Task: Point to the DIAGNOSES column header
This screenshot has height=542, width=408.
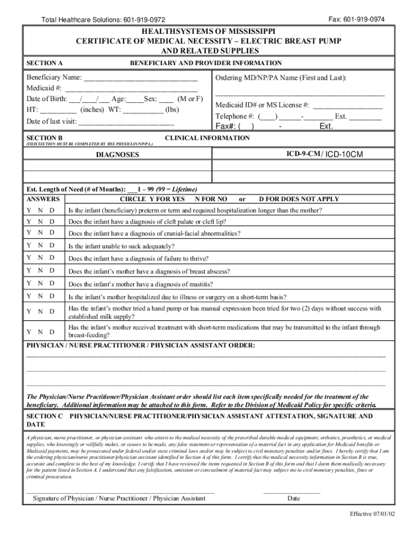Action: [117, 155]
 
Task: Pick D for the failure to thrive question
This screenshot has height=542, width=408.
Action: [52, 258]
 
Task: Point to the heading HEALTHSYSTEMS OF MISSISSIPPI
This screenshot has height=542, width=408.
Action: [209, 32]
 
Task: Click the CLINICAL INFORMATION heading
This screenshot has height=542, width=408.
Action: [207, 138]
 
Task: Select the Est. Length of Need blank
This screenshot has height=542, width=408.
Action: [132, 190]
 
